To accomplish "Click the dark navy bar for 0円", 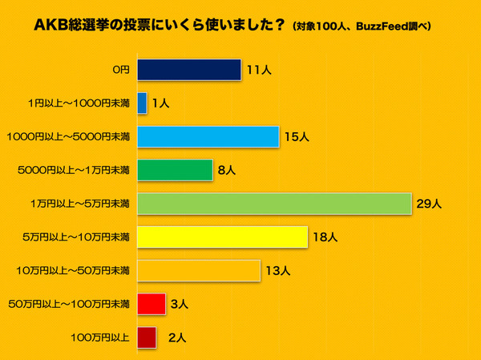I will click(x=189, y=70).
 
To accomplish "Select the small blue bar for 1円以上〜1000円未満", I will click(x=143, y=103).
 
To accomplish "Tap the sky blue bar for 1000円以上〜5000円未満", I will click(x=208, y=137).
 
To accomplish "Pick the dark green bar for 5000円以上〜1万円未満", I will click(x=175, y=170).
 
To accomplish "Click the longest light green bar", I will click(x=274, y=204).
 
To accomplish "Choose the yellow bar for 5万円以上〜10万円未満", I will click(x=222, y=237).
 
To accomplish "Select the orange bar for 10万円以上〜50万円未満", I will click(x=199, y=271).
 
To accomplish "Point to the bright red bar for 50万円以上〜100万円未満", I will click(x=152, y=304).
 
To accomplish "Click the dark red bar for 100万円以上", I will click(x=148, y=338).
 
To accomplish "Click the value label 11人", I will click(x=258, y=71).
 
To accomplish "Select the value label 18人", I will click(x=325, y=238).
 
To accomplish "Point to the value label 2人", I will click(x=177, y=338).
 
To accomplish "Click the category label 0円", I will click(x=120, y=71).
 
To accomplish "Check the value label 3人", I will click(x=180, y=305).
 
